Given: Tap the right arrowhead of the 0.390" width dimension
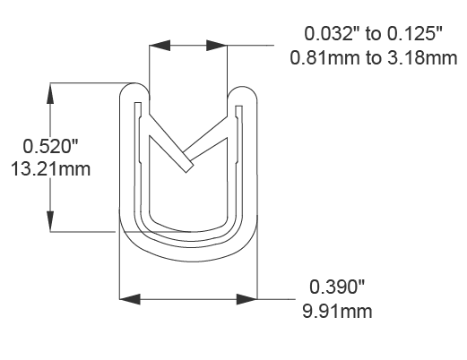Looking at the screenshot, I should (250, 297).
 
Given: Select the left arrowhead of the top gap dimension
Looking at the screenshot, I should (155, 41).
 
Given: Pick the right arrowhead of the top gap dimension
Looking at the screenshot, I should (220, 41).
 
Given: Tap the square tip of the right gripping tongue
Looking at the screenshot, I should (186, 167).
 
